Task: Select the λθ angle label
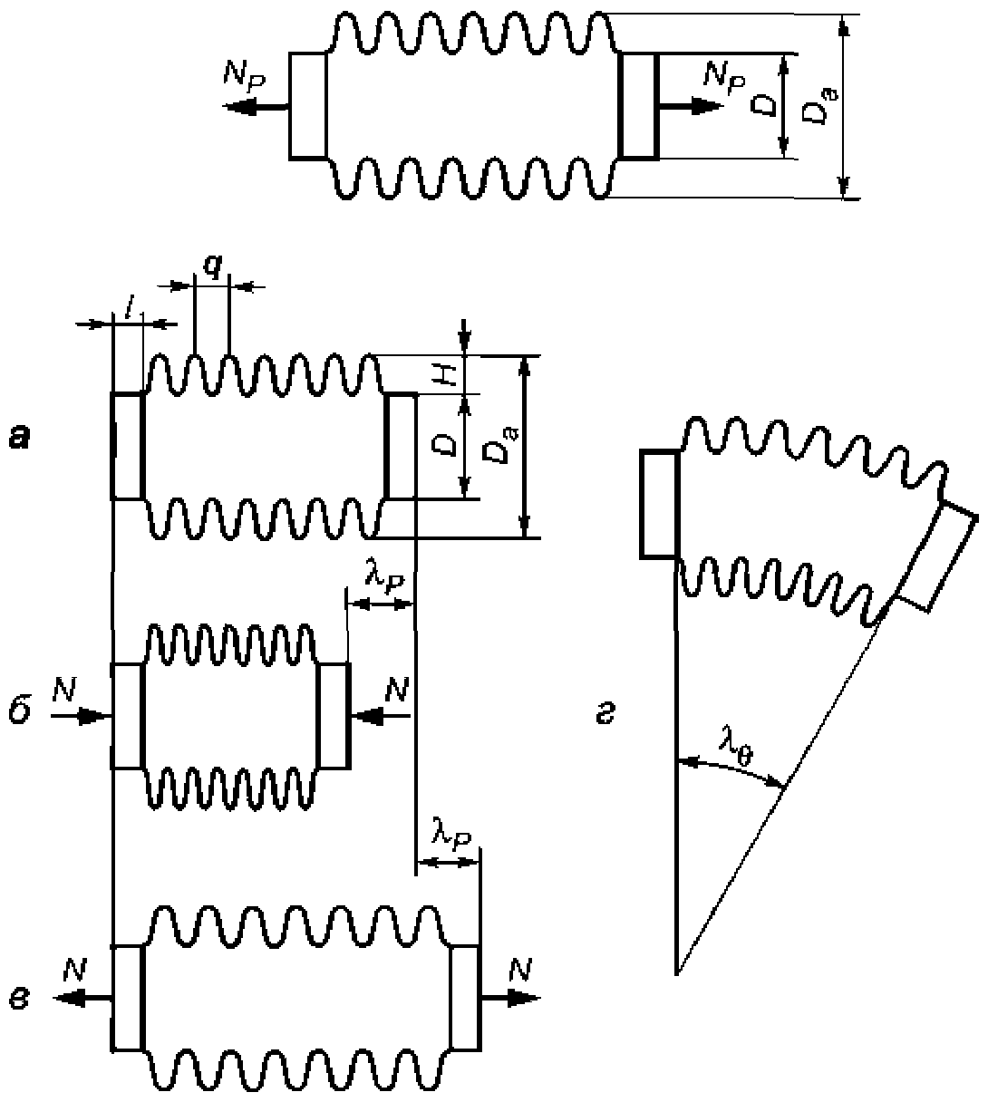[x=736, y=753]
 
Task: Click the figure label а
[x=20, y=439]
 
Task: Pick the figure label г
[x=605, y=716]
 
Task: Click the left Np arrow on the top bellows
[x=256, y=107]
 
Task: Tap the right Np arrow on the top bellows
[x=691, y=105]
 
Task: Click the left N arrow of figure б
[x=81, y=716]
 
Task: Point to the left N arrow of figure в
[x=82, y=998]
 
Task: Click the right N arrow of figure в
[x=510, y=998]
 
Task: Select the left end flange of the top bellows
[x=307, y=105]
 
